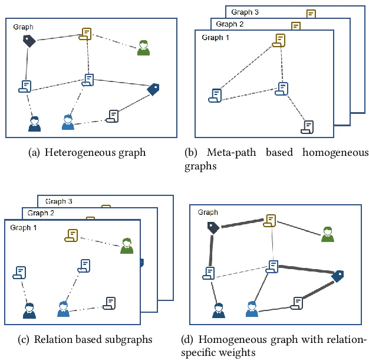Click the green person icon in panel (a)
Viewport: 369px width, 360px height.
pyautogui.click(x=143, y=48)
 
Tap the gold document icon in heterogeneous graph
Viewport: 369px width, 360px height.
pyautogui.click(x=87, y=34)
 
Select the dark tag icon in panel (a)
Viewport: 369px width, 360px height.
pyautogui.click(x=29, y=40)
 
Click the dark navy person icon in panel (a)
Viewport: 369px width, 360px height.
pyautogui.click(x=35, y=123)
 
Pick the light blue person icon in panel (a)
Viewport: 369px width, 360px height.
pyautogui.click(x=68, y=122)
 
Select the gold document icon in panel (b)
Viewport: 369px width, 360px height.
pyautogui.click(x=279, y=40)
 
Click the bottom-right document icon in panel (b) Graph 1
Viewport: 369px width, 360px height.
pyautogui.click(x=308, y=127)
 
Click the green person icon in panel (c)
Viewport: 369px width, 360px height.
pyautogui.click(x=126, y=246)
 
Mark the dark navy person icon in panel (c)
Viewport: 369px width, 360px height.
pyautogui.click(x=29, y=310)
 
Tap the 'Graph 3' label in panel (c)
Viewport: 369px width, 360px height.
pyautogui.click(x=59, y=201)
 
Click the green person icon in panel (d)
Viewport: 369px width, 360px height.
pyautogui.click(x=327, y=234)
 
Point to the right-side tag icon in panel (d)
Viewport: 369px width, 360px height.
pyautogui.click(x=338, y=276)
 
